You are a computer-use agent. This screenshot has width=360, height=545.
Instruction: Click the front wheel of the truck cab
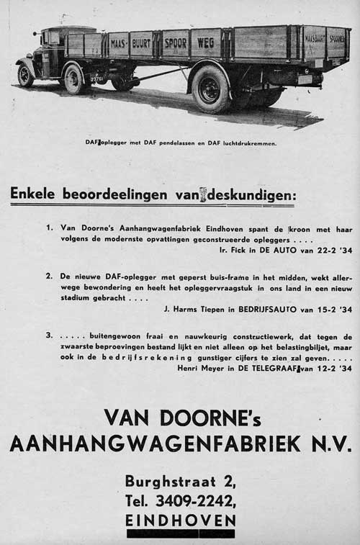pyautogui.click(x=26, y=75)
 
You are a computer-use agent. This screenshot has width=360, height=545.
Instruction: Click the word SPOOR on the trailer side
pyautogui.click(x=176, y=43)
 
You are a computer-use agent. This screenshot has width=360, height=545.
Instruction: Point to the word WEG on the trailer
pyautogui.click(x=206, y=42)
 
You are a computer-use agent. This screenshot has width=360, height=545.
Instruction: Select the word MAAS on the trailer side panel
pyautogui.click(x=117, y=44)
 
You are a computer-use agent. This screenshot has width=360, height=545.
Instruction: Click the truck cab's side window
pyautogui.click(x=54, y=37)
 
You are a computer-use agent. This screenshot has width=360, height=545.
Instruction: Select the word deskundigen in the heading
pyautogui.click(x=251, y=194)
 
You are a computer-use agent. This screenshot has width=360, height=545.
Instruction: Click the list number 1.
pyautogui.click(x=50, y=228)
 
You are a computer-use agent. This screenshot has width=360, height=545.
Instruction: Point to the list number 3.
pyautogui.click(x=49, y=335)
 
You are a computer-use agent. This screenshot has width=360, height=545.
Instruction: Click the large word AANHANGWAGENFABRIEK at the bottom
pyautogui.click(x=155, y=443)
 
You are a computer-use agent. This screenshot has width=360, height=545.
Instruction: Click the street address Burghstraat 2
pyautogui.click(x=180, y=481)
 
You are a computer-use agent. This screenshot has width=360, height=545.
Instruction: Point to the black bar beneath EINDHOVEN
pyautogui.click(x=180, y=533)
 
